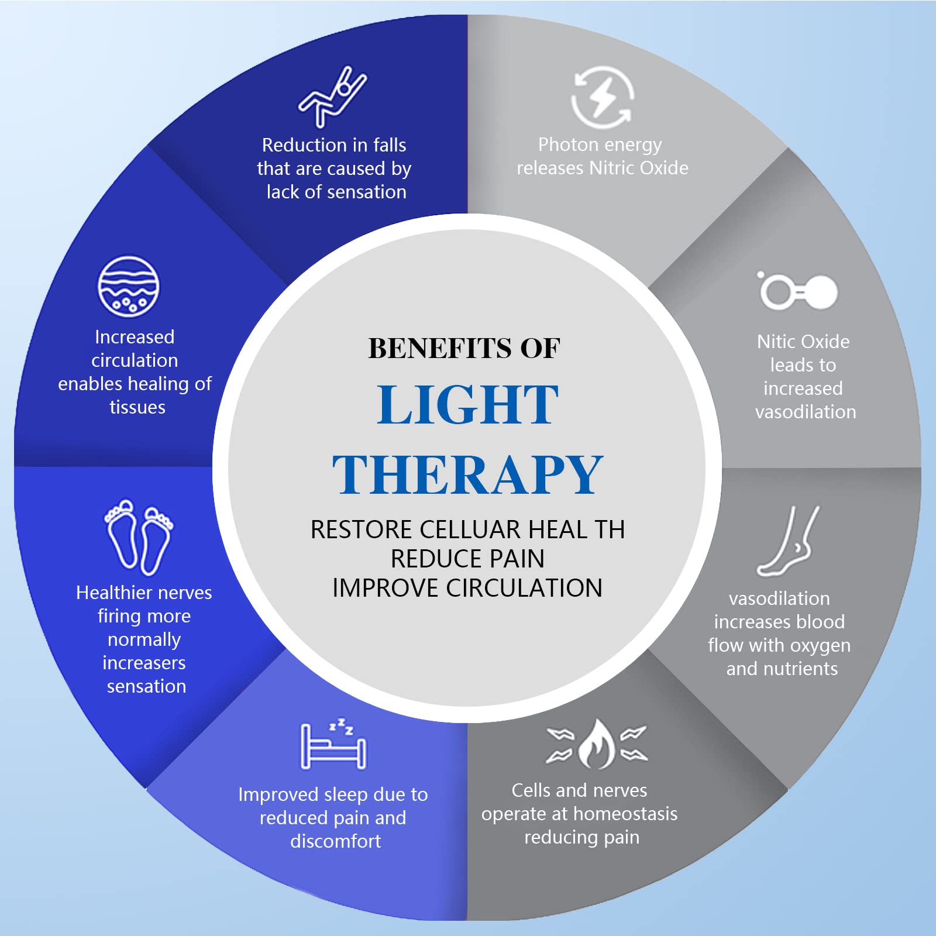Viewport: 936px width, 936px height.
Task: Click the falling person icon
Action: pyautogui.click(x=332, y=97)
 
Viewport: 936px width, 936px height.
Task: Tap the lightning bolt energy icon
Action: pyautogui.click(x=602, y=97)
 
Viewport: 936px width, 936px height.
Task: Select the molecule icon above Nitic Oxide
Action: pyautogui.click(x=799, y=291)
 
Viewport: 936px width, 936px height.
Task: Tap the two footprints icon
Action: pyautogui.click(x=139, y=536)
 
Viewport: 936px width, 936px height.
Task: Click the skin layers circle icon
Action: pyautogui.click(x=128, y=287)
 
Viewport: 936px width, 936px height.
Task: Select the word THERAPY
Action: pyautogui.click(x=467, y=474)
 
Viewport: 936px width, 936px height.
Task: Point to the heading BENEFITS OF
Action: pyautogui.click(x=464, y=349)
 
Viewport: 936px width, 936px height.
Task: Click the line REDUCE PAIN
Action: pyautogui.click(x=467, y=559)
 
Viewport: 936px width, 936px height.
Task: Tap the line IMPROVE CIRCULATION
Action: pyautogui.click(x=467, y=588)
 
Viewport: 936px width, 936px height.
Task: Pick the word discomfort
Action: pyautogui.click(x=336, y=841)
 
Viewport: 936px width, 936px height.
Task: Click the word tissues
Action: pyautogui.click(x=137, y=407)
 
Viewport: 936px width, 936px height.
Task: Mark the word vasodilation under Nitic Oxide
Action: pyautogui.click(x=806, y=412)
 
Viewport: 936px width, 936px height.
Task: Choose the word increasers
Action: pyautogui.click(x=144, y=663)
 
